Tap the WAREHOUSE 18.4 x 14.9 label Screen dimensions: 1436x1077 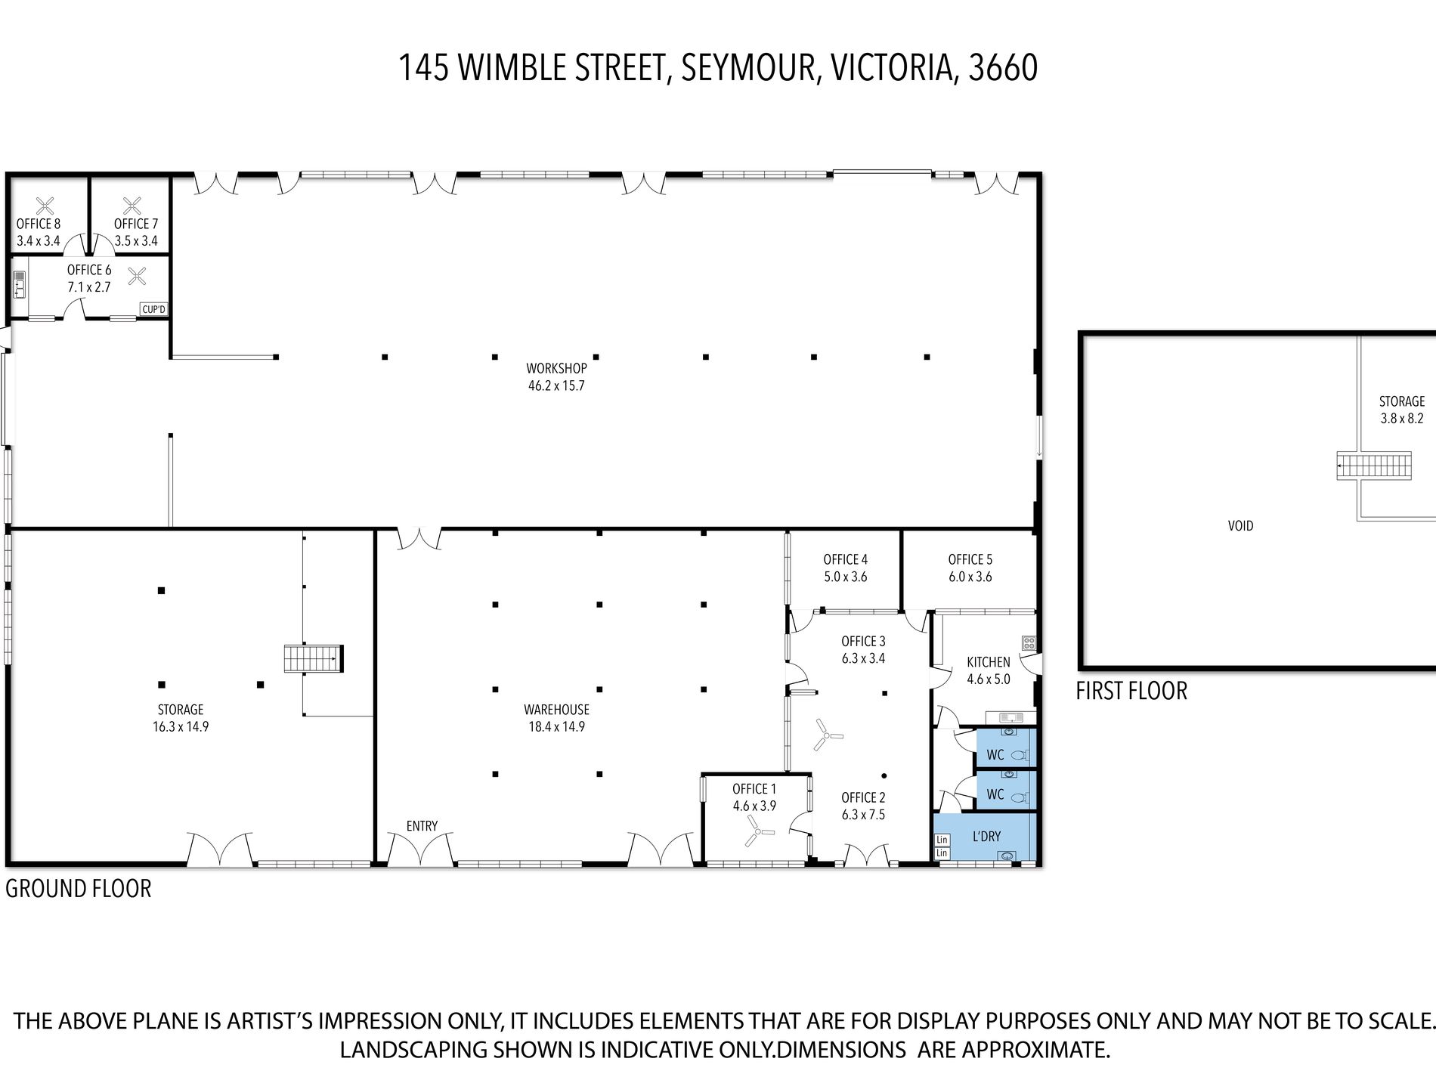(x=556, y=718)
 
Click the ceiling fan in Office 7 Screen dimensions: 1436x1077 (x=133, y=204)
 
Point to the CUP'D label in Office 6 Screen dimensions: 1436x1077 (x=153, y=309)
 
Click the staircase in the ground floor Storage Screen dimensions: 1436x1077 (x=314, y=658)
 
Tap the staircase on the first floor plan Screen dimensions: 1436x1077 (x=1373, y=465)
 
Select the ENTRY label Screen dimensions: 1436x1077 (x=422, y=826)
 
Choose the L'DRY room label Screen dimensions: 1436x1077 (x=986, y=836)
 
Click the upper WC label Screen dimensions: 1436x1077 (x=995, y=755)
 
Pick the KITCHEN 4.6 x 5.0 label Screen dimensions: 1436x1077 (x=989, y=670)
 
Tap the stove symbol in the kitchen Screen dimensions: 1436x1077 (x=1029, y=643)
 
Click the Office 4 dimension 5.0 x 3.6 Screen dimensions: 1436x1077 (x=846, y=577)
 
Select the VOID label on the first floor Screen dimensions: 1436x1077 (x=1241, y=525)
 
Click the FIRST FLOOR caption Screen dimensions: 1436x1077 (x=1131, y=691)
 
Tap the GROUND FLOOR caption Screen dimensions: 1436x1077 (x=79, y=888)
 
